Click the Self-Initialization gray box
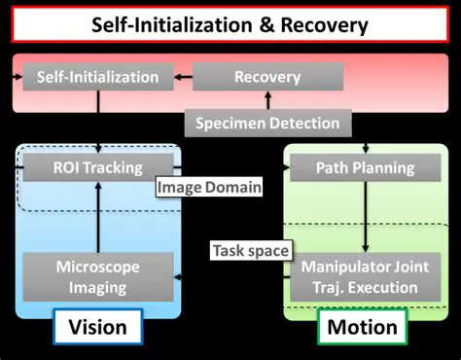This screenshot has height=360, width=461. (x=97, y=77)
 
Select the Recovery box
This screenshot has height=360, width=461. (x=267, y=77)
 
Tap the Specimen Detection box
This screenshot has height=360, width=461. (x=267, y=123)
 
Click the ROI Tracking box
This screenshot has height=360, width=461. (x=97, y=168)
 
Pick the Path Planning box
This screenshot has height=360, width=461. (x=365, y=168)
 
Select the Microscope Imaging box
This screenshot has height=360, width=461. (x=97, y=275)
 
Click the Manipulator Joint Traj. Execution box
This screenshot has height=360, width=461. (x=360, y=275)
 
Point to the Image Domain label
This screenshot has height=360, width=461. (x=208, y=187)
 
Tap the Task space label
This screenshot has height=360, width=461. (x=250, y=251)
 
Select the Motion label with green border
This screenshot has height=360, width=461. (x=362, y=328)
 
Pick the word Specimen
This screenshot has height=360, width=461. (x=232, y=123)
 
